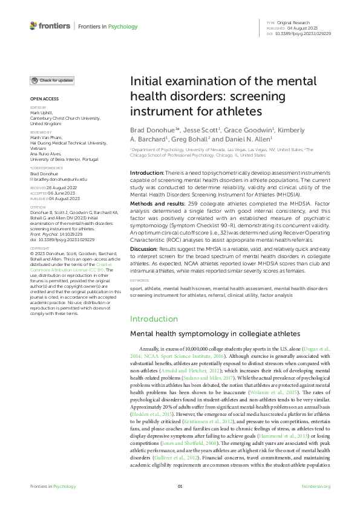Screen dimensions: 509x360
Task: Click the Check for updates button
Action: [53, 80]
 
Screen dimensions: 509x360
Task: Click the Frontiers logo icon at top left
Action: [33, 26]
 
